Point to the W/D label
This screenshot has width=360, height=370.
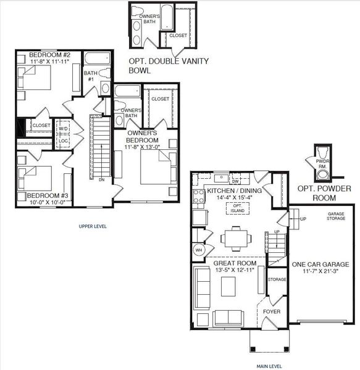(64, 129)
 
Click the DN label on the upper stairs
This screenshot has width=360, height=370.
(101, 180)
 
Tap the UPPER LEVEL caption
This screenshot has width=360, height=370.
(93, 226)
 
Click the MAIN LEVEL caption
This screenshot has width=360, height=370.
(266, 349)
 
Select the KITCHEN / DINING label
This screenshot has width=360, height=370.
(234, 191)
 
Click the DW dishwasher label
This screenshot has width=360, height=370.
(235, 182)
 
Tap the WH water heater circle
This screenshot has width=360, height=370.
(199, 251)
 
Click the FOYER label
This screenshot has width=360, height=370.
(272, 311)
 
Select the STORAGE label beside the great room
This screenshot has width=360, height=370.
(277, 279)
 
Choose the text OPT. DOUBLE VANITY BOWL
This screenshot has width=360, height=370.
(168, 66)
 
